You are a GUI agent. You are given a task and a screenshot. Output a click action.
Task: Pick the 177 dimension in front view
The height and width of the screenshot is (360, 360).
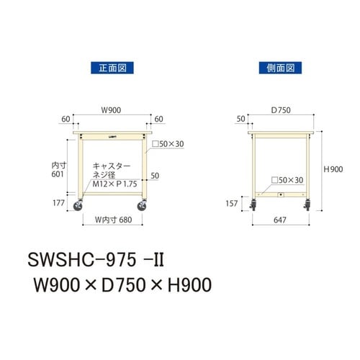pos(59,203)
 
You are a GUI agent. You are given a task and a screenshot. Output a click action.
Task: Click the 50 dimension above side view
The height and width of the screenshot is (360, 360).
pos(240,117)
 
